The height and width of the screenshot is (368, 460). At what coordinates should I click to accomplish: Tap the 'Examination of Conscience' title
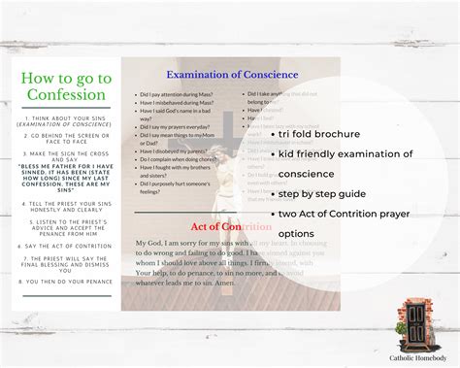(232, 75)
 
